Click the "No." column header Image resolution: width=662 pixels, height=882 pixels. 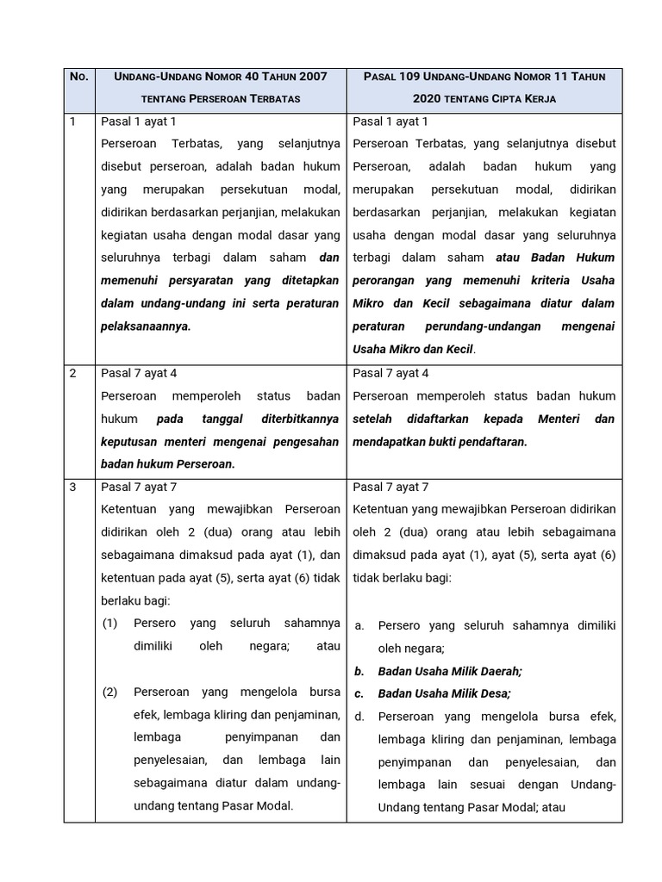click(79, 77)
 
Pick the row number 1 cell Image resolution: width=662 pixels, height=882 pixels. click(73, 121)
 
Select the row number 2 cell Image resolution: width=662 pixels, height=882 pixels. click(73, 373)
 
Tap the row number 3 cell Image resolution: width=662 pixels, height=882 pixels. click(73, 487)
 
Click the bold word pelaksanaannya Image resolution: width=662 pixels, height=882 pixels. click(145, 326)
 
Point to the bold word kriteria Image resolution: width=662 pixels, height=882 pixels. click(549, 280)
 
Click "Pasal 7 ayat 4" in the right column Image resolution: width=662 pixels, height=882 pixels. click(390, 373)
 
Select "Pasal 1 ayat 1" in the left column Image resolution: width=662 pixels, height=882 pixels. click(139, 121)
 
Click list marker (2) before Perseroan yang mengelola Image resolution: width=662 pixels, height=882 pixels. click(109, 692)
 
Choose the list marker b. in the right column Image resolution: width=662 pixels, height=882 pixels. click(359, 671)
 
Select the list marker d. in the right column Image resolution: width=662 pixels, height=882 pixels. click(359, 716)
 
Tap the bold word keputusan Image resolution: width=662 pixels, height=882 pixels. click(132, 442)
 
